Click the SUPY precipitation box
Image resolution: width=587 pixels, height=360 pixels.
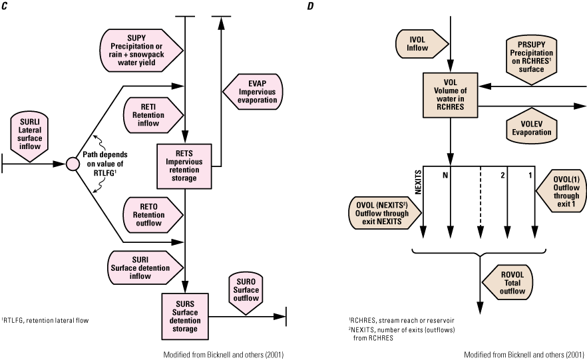[140, 50]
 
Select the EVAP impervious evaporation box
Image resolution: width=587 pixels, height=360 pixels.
[252, 92]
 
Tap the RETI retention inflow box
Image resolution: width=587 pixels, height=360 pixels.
[152, 115]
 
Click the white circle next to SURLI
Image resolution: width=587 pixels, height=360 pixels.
[73, 164]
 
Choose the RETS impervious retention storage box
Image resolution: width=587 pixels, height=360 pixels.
[184, 166]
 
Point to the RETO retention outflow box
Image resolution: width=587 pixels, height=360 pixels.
[152, 215]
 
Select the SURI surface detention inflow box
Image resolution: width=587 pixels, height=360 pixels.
[145, 268]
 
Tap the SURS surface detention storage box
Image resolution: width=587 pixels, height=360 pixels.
[184, 316]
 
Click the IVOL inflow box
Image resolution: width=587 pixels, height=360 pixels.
[421, 44]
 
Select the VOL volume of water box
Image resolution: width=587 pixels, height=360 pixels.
[451, 94]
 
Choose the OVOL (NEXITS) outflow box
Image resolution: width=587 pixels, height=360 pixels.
[385, 213]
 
